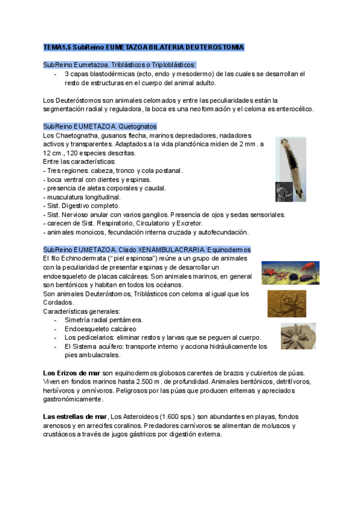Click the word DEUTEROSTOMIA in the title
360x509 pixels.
[x=214, y=47]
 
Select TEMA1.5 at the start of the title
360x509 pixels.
[x=57, y=47]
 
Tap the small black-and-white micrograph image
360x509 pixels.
[x=283, y=191]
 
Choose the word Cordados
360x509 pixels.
[x=58, y=303]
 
